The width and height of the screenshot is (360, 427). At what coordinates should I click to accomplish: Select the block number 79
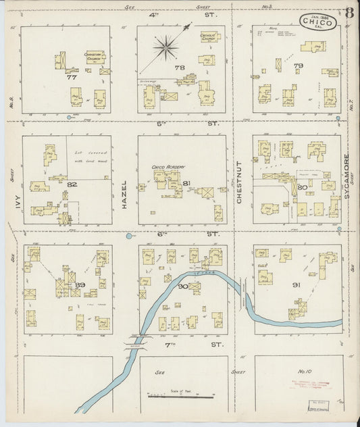pyautogui.click(x=298, y=66)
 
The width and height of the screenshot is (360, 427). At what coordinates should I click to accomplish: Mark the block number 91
pyautogui.click(x=295, y=285)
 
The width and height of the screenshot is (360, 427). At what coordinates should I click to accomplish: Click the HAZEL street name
pyautogui.click(x=124, y=191)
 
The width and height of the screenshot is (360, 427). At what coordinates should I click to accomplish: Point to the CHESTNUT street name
pyautogui.click(x=239, y=182)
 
